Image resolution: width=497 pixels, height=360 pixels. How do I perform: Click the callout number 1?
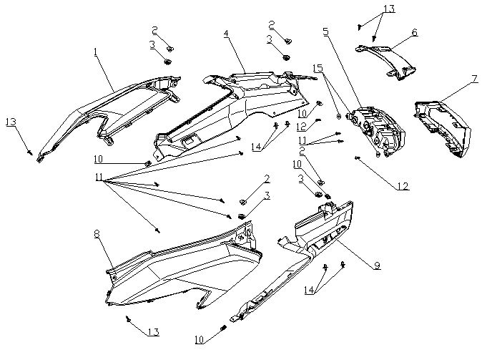[x=94, y=52]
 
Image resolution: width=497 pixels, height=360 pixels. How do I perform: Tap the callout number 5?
[x=325, y=32]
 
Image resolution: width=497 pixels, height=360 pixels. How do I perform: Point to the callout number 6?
[x=415, y=32]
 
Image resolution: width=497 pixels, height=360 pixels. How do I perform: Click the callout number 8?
[x=97, y=234]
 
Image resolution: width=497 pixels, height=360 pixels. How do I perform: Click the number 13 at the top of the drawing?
[x=388, y=9]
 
